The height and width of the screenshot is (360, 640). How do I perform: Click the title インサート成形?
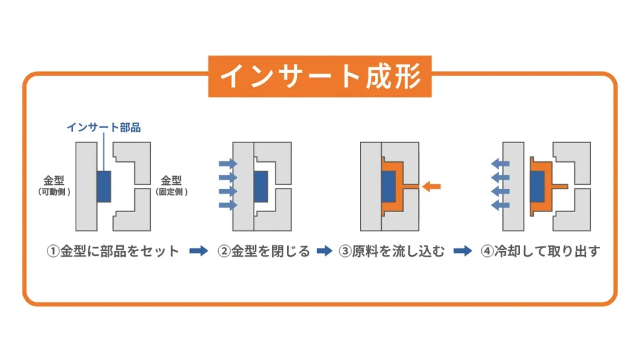click(319, 76)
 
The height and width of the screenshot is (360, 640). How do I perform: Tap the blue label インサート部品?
click(104, 128)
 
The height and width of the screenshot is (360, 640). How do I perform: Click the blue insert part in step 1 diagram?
click(104, 186)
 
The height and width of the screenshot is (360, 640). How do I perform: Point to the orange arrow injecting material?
click(431, 186)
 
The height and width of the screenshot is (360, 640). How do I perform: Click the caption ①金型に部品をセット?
click(114, 252)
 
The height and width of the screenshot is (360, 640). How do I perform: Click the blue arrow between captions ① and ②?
click(199, 251)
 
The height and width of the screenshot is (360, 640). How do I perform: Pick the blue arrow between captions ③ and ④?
click(462, 251)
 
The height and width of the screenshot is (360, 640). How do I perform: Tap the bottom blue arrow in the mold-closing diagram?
click(229, 205)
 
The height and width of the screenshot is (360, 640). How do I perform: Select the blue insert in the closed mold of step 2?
click(260, 186)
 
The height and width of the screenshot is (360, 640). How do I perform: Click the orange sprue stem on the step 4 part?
click(559, 186)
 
